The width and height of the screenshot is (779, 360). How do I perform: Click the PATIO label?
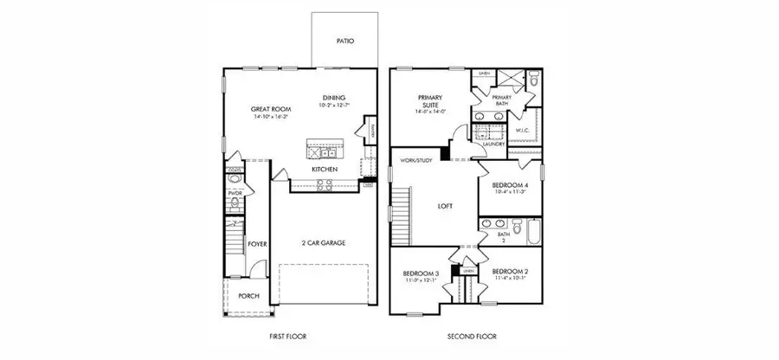(x=344, y=41)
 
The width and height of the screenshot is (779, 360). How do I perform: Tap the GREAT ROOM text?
(x=270, y=109)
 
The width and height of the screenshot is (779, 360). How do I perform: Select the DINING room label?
(x=334, y=97)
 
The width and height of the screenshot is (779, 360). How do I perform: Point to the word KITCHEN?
(x=325, y=169)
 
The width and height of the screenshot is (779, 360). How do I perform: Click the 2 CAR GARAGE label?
(x=324, y=243)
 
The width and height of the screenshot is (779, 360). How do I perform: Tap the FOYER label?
(x=257, y=244)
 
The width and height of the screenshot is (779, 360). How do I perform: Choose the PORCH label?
(x=248, y=295)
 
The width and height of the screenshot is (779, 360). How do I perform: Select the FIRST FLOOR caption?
(x=287, y=336)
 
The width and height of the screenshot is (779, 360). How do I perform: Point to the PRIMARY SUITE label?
(x=430, y=101)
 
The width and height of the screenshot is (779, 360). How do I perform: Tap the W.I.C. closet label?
(x=522, y=132)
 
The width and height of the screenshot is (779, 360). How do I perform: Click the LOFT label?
(x=445, y=206)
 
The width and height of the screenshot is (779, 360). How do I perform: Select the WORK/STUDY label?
(x=415, y=160)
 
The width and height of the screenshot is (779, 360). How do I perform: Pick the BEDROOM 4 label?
(x=510, y=185)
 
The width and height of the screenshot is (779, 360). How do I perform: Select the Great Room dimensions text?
(x=270, y=116)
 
